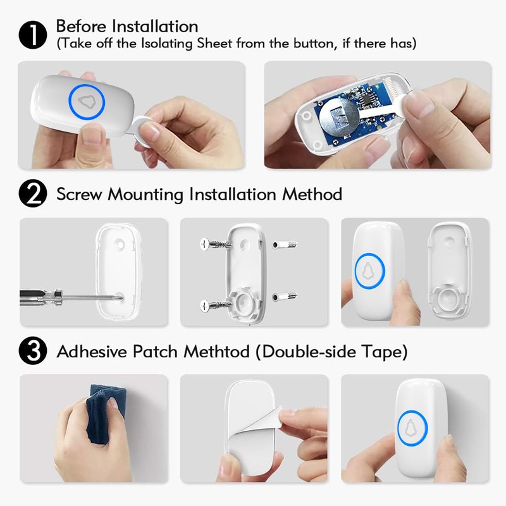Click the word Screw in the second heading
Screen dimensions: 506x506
[x=80, y=194]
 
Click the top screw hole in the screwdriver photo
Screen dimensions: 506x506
[x=120, y=242]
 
